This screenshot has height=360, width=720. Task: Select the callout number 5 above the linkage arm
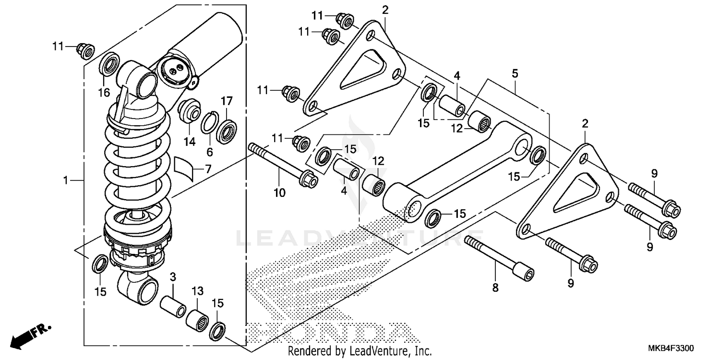tap(515, 74)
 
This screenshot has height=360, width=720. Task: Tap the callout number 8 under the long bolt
tap(495, 288)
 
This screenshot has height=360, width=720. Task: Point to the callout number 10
tap(279, 193)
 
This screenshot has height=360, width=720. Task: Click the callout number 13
tap(198, 291)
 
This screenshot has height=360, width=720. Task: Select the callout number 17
tap(227, 101)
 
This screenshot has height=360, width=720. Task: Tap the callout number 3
tap(173, 277)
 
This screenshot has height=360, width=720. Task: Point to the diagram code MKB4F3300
tap(672, 348)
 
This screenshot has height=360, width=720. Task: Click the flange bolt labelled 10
tap(283, 163)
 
